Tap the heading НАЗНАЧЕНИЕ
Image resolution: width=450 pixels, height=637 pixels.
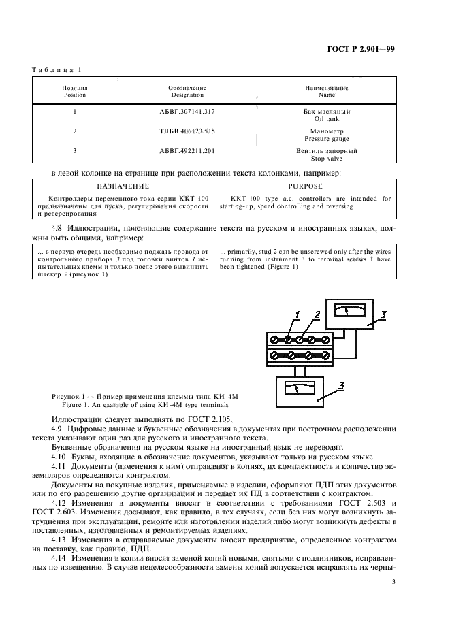click(123, 186)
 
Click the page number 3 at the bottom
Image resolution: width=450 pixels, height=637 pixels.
click(393, 581)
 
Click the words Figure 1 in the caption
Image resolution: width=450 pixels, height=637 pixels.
click(89, 404)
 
